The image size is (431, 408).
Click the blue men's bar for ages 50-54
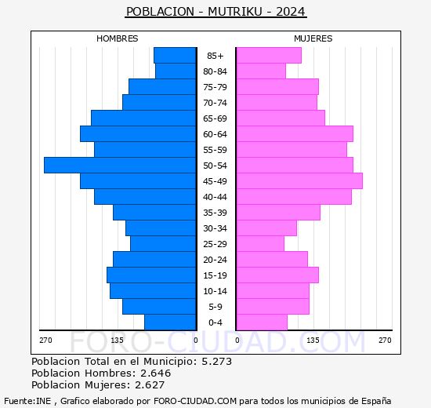coord(120,165)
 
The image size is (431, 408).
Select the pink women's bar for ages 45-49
coord(299,180)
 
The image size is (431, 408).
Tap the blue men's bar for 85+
coord(174,55)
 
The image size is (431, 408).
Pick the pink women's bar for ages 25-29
coord(259,243)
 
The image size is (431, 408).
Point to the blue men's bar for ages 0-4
coord(169,322)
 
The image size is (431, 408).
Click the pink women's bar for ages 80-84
coord(260,71)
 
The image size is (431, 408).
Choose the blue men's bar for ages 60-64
coord(137,133)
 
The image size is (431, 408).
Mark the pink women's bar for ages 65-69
coord(280,118)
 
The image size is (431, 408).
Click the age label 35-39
coord(215,213)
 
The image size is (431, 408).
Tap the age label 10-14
coord(215,291)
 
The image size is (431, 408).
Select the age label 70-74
coord(215,103)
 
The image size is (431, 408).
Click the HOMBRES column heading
coord(118,38)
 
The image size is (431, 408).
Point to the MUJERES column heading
coord(313,38)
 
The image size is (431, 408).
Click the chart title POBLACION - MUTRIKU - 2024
coord(215,12)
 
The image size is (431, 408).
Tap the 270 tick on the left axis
coord(45,340)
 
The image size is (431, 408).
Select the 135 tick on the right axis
coord(313,340)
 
